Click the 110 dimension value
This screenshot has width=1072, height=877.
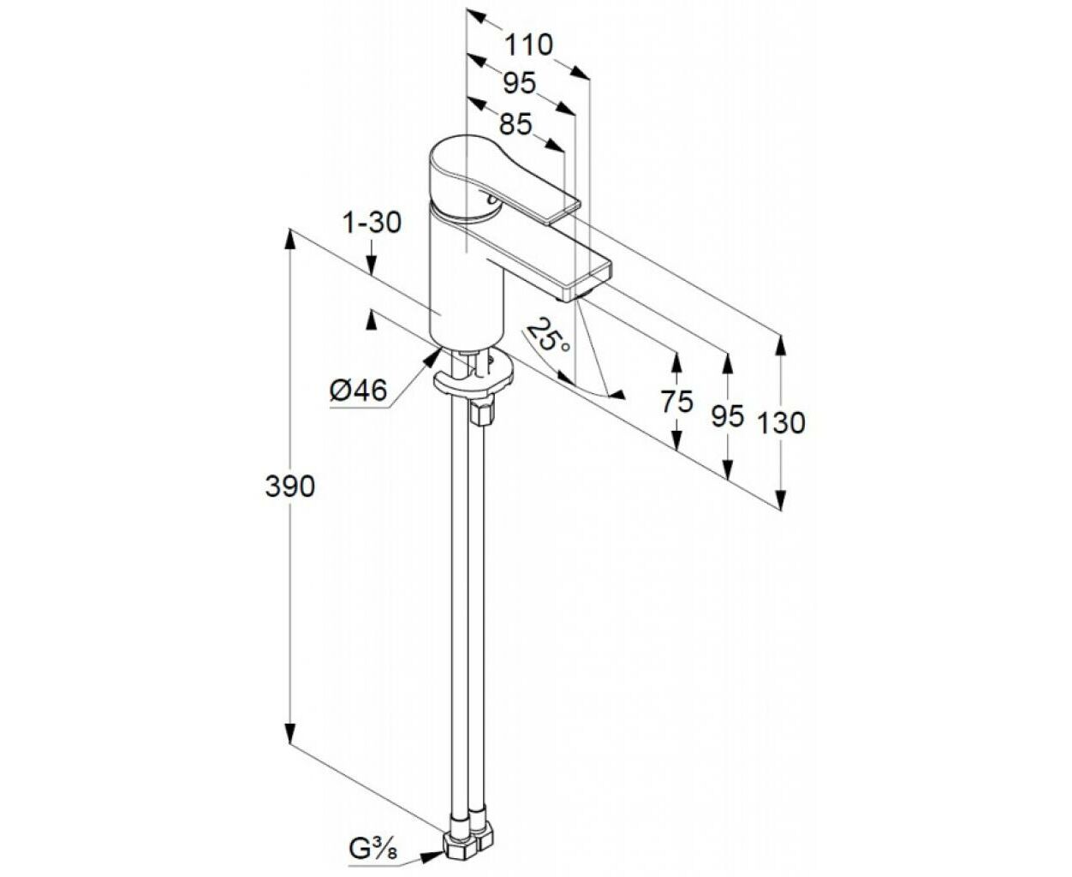pos(528,45)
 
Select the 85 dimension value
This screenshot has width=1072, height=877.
pos(515,123)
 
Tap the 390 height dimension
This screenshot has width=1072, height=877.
pos(290,486)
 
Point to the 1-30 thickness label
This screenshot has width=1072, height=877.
pos(372,223)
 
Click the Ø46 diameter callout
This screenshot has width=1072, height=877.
pos(359,391)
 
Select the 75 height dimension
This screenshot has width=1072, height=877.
pos(677,402)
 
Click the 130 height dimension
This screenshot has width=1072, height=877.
pos(781,423)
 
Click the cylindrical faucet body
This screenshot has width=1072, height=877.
pos(467,275)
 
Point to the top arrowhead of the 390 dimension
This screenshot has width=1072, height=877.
pos(289,240)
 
